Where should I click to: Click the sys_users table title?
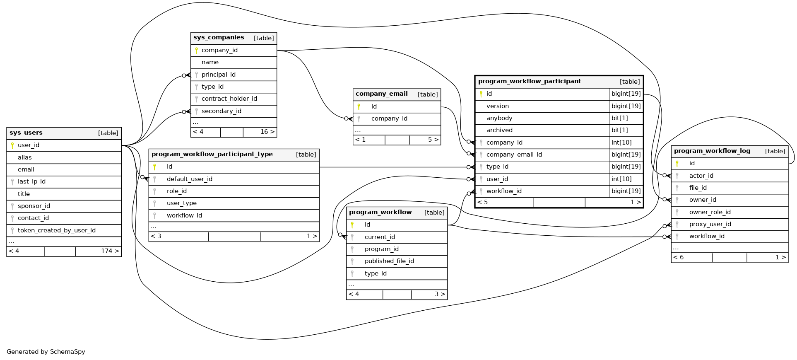pyautogui.click(x=26, y=133)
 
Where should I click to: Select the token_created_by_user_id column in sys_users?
pyautogui.click(x=57, y=230)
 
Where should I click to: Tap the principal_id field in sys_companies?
pyautogui.click(x=218, y=75)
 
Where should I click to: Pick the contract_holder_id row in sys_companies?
pyautogui.click(x=229, y=99)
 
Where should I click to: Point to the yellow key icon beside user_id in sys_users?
pyautogui.click(x=12, y=145)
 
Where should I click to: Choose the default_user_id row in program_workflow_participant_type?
pyautogui.click(x=189, y=179)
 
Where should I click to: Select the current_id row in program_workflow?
pyautogui.click(x=379, y=237)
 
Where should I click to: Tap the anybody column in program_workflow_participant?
pyautogui.click(x=499, y=118)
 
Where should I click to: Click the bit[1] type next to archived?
pyautogui.click(x=619, y=130)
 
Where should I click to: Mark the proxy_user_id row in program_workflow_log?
pyautogui.click(x=710, y=224)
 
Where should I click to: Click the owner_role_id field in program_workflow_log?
pyautogui.click(x=710, y=212)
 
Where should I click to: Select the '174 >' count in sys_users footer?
pyautogui.click(x=110, y=251)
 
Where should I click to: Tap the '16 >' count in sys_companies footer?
pyautogui.click(x=267, y=132)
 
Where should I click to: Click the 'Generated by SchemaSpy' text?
pyautogui.click(x=46, y=352)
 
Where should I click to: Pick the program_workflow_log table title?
pyautogui.click(x=712, y=151)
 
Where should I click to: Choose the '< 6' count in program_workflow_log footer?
pyautogui.click(x=678, y=257)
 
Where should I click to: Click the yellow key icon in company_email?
pyautogui.click(x=359, y=107)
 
